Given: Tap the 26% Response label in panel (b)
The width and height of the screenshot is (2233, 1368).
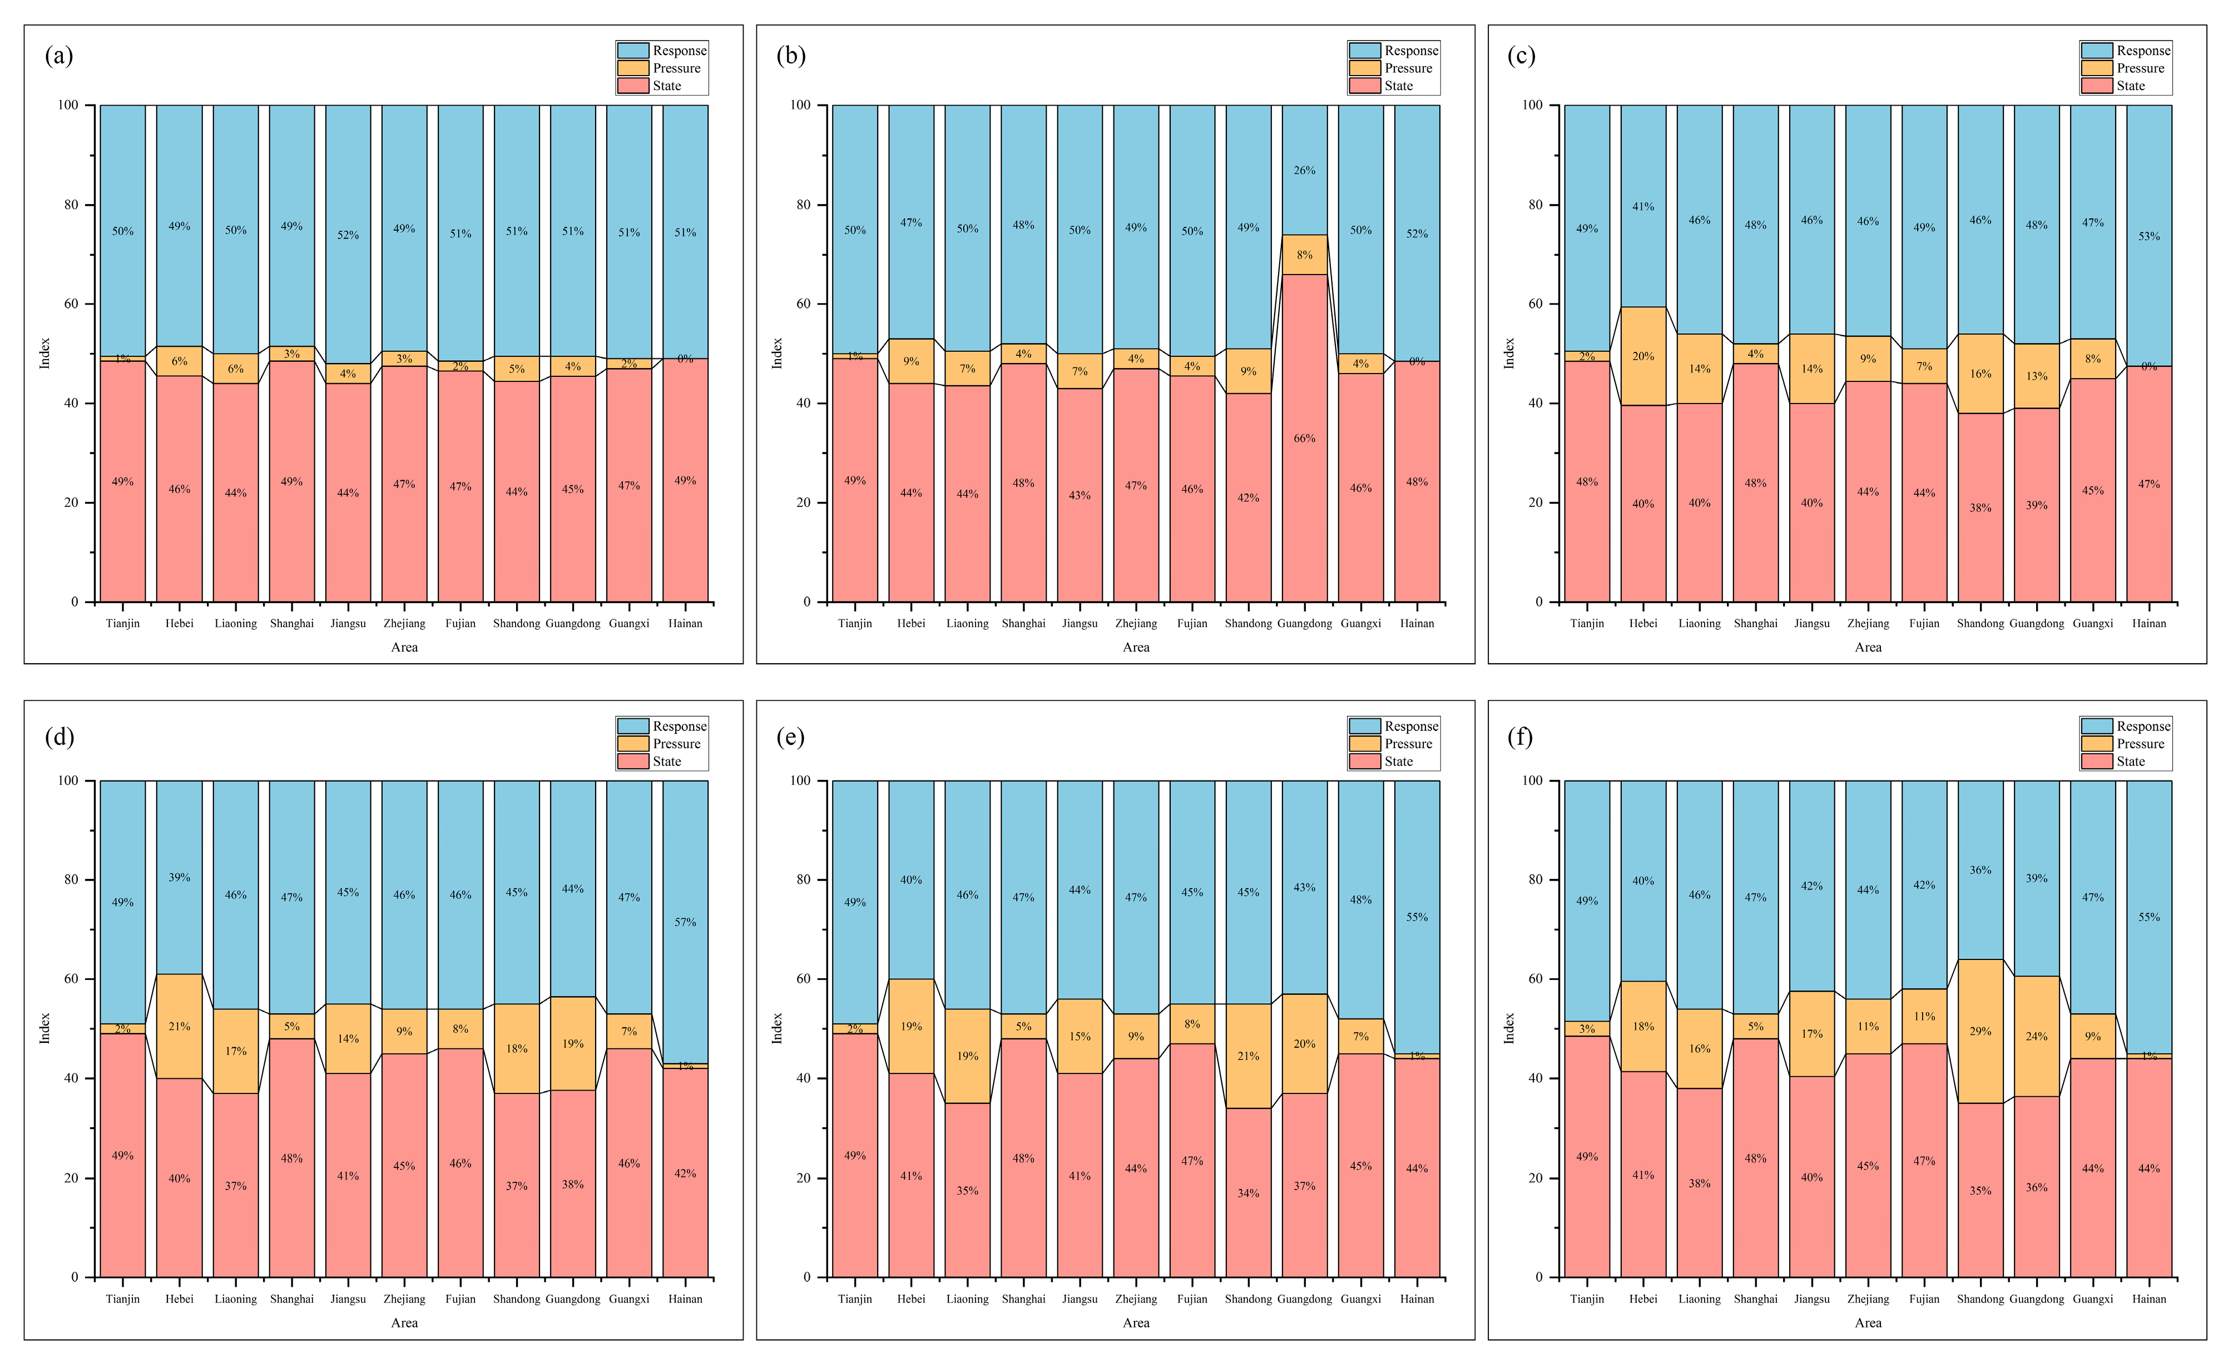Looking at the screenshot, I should tap(1304, 170).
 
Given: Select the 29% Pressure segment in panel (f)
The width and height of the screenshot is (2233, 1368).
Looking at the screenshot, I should tap(1980, 1031).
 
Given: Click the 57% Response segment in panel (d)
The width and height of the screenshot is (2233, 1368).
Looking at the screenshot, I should tap(685, 922).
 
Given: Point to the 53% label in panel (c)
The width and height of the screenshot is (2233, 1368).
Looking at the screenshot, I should tap(2148, 236).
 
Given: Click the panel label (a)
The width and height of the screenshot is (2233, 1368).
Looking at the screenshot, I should tap(59, 56).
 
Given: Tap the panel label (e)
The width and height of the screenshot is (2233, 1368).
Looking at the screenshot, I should tap(790, 737).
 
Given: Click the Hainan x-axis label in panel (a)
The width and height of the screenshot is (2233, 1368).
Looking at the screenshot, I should tap(685, 623).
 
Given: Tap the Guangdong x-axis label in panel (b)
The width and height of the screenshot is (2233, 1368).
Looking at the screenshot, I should tap(1304, 623).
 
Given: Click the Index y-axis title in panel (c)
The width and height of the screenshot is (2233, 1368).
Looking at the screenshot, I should tap(1509, 354).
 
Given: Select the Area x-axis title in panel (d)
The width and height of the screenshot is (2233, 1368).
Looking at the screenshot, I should tap(404, 1323).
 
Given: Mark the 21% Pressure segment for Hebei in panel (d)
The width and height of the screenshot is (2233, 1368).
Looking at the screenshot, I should tap(180, 1027).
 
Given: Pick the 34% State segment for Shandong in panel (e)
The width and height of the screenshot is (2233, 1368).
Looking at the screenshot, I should tap(1248, 1193).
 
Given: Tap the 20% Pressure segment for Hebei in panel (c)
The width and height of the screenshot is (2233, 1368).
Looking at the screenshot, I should tap(1643, 356).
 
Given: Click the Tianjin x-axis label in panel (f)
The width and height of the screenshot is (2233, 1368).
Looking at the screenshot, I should tap(1587, 1299).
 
